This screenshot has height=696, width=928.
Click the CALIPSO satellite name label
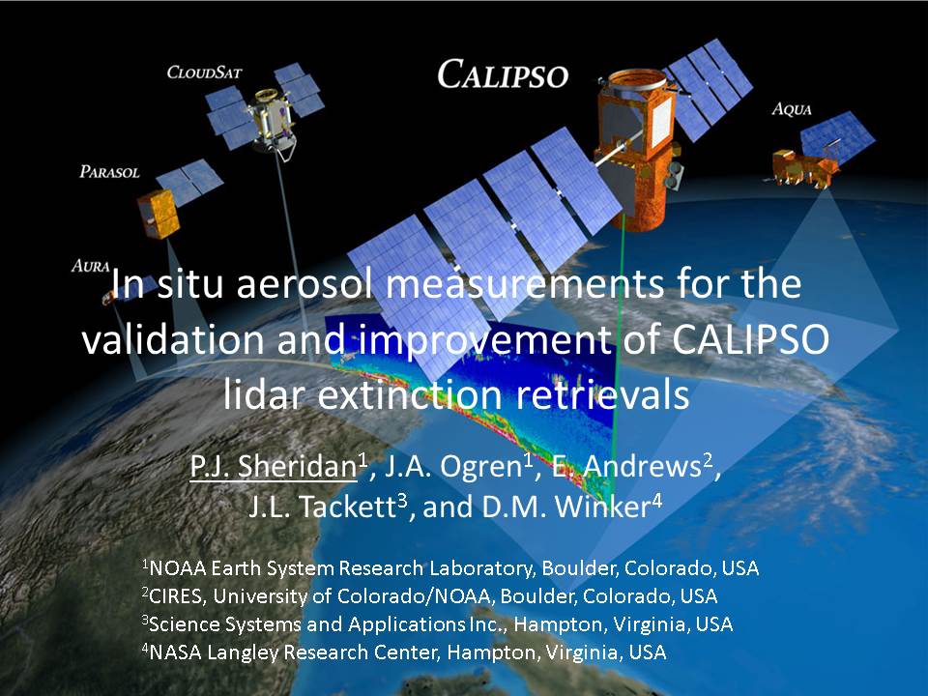coord(503,75)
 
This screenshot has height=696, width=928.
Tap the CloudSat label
coord(204,72)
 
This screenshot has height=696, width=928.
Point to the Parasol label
coord(109,172)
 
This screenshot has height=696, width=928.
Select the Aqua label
coord(792,109)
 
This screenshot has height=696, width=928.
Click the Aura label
coord(91,266)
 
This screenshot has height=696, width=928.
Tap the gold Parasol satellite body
coord(158,214)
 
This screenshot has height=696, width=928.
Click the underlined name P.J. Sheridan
coord(274,466)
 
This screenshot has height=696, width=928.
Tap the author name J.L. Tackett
coord(321,507)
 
